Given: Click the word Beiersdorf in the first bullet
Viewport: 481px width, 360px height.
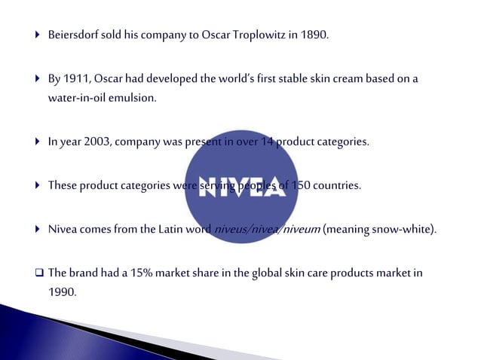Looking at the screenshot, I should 74,35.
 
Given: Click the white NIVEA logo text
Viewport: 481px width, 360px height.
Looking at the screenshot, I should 242,187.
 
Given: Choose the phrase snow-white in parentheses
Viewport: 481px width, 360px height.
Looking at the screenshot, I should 407,230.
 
